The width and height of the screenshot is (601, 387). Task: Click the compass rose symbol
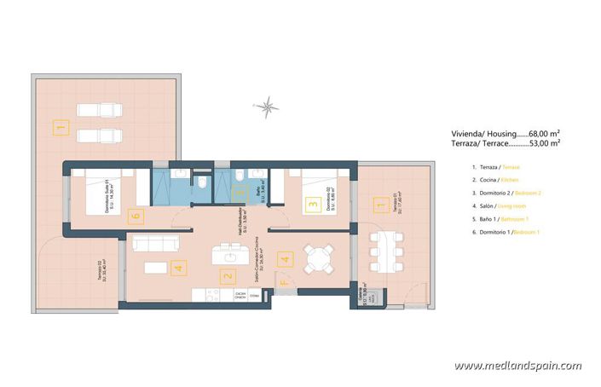(267, 107)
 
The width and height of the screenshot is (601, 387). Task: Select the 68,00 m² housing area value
(542, 133)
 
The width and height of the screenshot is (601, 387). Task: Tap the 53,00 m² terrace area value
(542, 144)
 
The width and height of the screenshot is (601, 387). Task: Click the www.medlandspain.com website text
(517, 366)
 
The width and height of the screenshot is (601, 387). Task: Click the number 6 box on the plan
(133, 217)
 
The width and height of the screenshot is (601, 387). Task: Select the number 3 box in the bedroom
(312, 204)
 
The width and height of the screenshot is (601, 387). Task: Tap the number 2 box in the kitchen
(227, 276)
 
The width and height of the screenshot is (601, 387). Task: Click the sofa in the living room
(159, 244)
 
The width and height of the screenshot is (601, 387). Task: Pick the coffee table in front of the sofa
(155, 268)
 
